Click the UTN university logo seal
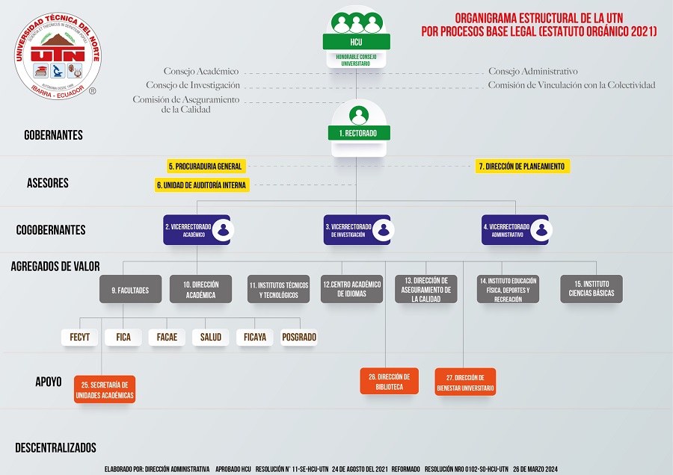coord(58,57)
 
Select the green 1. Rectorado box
coord(358,133)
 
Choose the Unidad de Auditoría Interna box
coord(201,184)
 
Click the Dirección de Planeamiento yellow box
coord(523,166)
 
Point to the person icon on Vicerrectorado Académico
coord(221,230)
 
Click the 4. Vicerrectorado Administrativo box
coord(514,230)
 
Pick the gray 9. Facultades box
coord(130,290)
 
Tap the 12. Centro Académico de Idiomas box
coord(351,290)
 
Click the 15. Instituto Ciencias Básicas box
coord(591,289)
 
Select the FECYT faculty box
coord(79,338)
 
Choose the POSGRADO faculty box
coord(299,338)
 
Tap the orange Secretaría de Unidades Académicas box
coord(105,389)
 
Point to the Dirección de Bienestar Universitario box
coord(465,382)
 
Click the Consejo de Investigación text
coord(192,85)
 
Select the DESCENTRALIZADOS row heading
coord(56,448)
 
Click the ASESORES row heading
coord(48,183)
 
